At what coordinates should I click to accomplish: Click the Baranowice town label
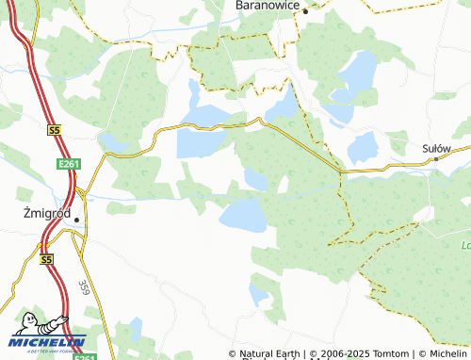tap(267, 6)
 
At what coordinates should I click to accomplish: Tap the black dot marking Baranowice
tap(305, 11)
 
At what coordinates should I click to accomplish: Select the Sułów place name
tap(436, 148)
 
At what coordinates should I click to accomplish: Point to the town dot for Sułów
tap(435, 159)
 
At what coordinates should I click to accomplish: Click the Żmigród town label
tap(44, 213)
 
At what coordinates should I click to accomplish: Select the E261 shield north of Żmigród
tap(64, 164)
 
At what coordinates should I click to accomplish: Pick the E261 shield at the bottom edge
tap(85, 356)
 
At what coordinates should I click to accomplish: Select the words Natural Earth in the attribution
tap(269, 353)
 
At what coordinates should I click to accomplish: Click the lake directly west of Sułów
tap(362, 147)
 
